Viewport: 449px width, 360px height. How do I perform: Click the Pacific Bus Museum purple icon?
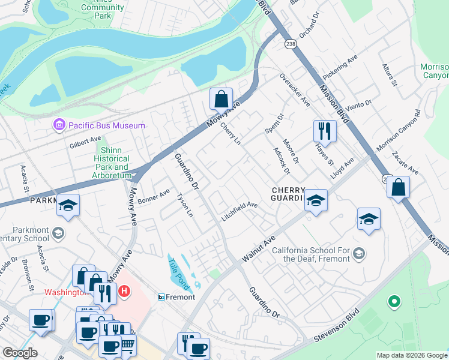click(x=59, y=125)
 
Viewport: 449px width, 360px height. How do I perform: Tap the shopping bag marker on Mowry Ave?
click(x=221, y=98)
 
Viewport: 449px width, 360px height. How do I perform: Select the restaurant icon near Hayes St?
click(x=324, y=130)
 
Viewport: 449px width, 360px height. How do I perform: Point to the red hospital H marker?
click(x=124, y=292)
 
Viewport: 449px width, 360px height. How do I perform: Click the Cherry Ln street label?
click(x=231, y=134)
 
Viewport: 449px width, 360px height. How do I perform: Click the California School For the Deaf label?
click(x=310, y=255)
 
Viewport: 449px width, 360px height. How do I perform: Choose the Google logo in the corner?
click(x=20, y=353)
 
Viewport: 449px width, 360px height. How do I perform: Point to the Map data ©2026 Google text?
click(x=412, y=355)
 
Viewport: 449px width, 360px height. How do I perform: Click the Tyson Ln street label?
click(x=185, y=205)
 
